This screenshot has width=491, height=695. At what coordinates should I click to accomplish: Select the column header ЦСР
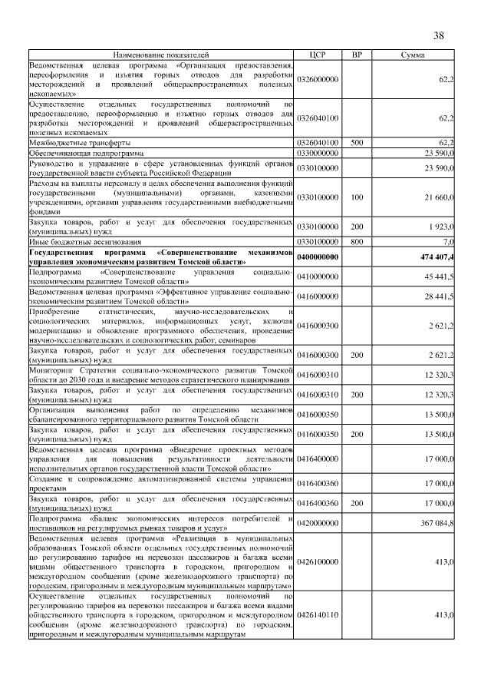318,55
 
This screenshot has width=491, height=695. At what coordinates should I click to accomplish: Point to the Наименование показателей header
161,55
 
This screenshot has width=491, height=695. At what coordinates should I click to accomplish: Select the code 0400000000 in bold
318,257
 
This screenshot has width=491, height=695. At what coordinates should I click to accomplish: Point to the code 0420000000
318,523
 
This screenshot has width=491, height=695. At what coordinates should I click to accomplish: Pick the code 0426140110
318,615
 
